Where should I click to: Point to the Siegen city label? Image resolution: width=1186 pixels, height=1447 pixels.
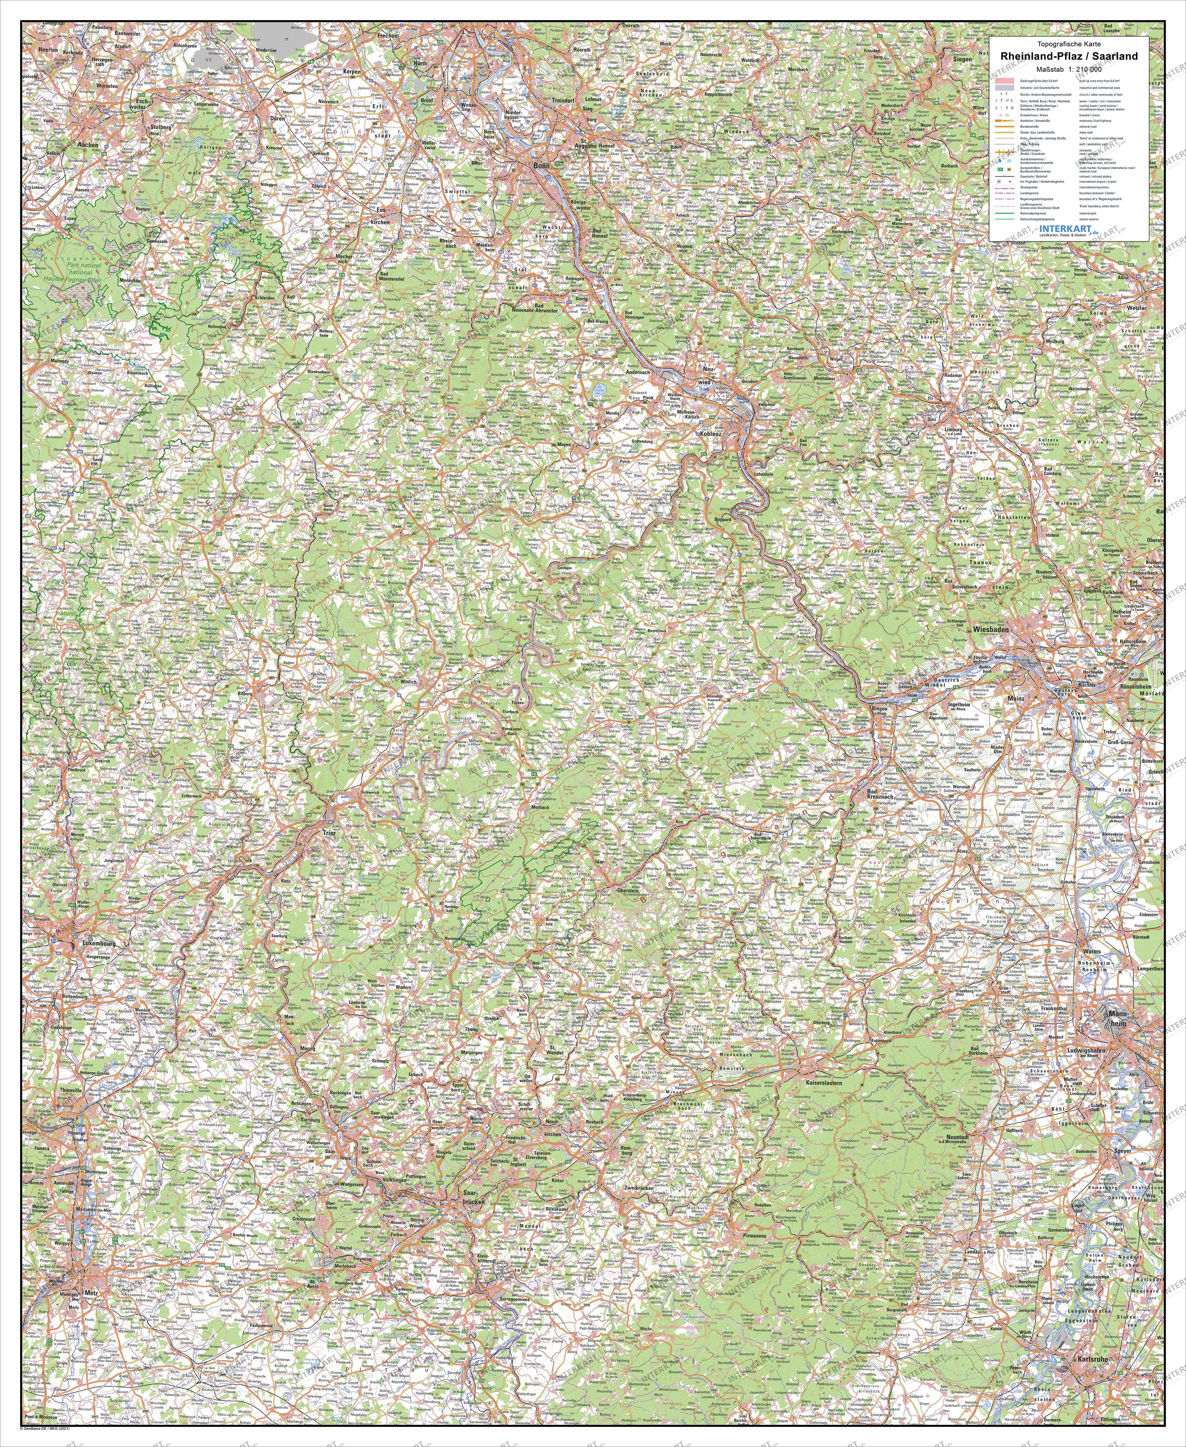(962, 59)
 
